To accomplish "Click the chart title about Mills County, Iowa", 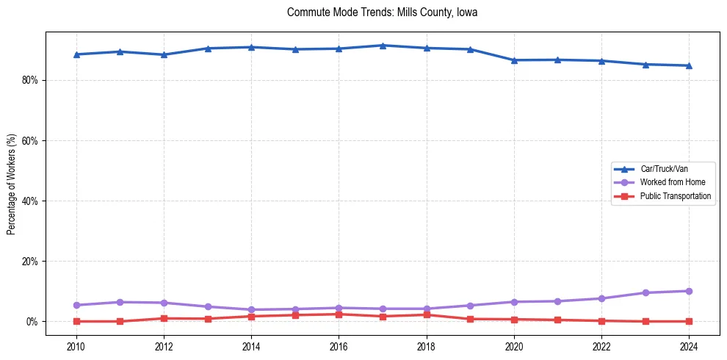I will coord(383,12).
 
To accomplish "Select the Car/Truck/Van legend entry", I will coord(664,169).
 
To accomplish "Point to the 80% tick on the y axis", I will coord(30,80).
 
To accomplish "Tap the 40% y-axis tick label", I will coord(30,201).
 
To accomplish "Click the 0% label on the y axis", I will coord(32,322).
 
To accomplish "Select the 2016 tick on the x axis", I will coord(339,346).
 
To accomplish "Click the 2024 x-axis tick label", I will coord(689,346).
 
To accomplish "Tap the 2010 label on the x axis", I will coord(76,346).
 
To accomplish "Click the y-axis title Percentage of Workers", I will coord(12,184).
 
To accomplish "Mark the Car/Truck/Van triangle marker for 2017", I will coord(383,46).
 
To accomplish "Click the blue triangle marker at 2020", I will coord(514,60).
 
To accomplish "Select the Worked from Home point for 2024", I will coord(689,291).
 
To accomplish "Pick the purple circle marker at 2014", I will coord(251,310).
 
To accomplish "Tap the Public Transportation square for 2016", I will coord(339,314).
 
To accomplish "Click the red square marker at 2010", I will coord(76,321).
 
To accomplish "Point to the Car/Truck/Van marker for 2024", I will coord(689,65).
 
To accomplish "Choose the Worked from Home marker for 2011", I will coord(120,302).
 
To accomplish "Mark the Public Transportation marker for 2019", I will coord(470,319).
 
